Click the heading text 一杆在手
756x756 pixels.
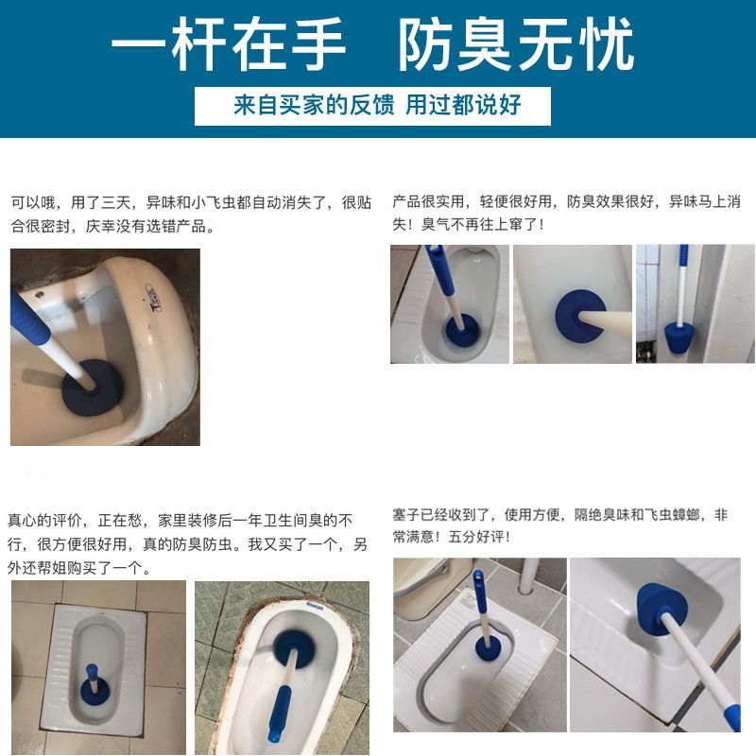point(229,43)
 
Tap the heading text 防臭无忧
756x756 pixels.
point(516,43)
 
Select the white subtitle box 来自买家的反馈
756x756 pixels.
point(372,106)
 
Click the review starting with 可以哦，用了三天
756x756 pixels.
point(191,214)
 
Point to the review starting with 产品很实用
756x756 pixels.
point(566,213)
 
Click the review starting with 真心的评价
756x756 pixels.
point(187,544)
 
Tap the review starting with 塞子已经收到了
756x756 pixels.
point(559,525)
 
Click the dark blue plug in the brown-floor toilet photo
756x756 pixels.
point(92,387)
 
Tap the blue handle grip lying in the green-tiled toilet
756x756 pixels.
point(281,713)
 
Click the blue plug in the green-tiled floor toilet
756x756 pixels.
point(293,650)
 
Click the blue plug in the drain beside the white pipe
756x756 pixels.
point(488,647)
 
